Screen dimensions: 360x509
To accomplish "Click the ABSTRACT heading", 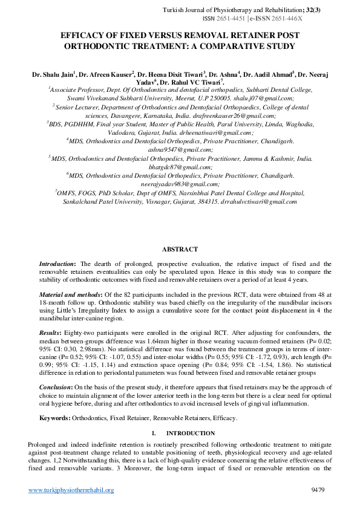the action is [180, 249].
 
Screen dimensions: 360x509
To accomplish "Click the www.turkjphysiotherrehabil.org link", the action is [71, 490].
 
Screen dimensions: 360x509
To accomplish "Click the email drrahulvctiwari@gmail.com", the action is [259, 201].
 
